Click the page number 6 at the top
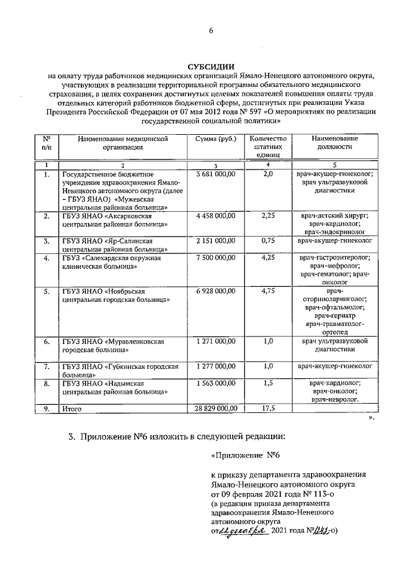coord(210,31)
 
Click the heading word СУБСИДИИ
coord(210,66)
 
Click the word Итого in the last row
coord(71,409)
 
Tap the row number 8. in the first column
coord(47,384)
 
